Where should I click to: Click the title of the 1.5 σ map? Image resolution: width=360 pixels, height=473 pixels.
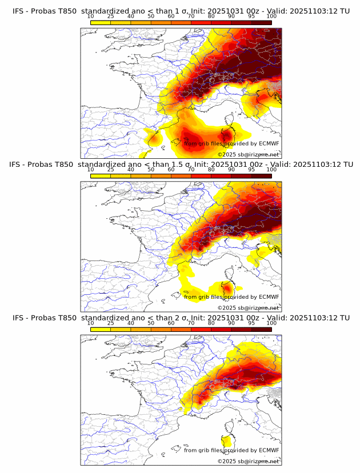pyautogui.click(x=180, y=165)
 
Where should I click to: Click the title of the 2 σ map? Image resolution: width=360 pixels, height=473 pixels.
pyautogui.click(x=180, y=318)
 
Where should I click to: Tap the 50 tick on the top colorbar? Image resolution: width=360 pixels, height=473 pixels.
pyautogui.click(x=151, y=16)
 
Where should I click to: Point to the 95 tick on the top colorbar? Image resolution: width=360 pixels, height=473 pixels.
pyautogui.click(x=251, y=16)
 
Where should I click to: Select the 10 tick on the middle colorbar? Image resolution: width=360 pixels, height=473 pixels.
pyautogui.click(x=91, y=169)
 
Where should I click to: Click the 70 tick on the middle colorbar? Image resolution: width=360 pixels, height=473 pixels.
pyautogui.click(x=191, y=169)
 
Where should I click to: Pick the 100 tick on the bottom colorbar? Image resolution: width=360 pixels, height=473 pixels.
pyautogui.click(x=271, y=323)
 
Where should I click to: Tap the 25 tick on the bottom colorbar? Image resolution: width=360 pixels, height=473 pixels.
pyautogui.click(x=111, y=323)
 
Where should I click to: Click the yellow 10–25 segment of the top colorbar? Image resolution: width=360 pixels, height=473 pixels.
pyautogui.click(x=101, y=23)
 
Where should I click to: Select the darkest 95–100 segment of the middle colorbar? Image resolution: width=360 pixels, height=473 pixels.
pyautogui.click(x=261, y=176)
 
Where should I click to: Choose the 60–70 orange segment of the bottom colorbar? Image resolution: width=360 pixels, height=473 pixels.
pyautogui.click(x=181, y=330)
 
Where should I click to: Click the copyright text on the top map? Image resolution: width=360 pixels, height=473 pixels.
pyautogui.click(x=248, y=154)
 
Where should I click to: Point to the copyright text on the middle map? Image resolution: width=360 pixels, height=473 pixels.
pyautogui.click(x=248, y=307)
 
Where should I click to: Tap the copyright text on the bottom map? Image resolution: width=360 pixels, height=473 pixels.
pyautogui.click(x=248, y=461)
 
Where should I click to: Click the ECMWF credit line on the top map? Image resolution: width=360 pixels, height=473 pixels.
pyautogui.click(x=231, y=143)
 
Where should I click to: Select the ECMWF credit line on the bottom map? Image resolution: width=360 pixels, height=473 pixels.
pyautogui.click(x=231, y=450)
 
